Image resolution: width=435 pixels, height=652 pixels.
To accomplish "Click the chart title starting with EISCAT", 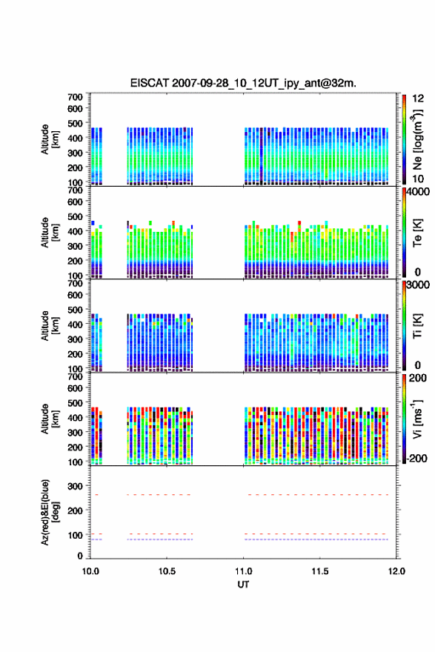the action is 243,83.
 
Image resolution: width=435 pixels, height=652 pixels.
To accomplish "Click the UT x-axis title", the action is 243,585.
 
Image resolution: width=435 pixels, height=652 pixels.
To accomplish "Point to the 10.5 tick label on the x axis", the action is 167,571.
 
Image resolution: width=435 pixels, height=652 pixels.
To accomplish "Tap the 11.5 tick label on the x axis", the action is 320,571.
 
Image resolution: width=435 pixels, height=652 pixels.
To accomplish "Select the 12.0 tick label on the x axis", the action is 396,571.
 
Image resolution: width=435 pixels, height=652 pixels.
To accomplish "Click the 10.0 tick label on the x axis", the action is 90,571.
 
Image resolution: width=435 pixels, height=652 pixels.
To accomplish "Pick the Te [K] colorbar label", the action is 417,233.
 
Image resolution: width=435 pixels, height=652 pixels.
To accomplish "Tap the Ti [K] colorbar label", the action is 417,326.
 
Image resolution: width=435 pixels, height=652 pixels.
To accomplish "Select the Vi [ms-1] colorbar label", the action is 417,419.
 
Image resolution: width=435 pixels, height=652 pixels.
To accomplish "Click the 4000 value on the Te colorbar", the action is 418,192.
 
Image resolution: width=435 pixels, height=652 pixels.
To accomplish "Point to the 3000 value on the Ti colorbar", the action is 418,285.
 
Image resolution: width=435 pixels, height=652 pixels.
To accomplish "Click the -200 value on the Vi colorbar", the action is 417,458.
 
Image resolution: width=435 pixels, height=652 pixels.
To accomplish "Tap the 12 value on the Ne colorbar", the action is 418,99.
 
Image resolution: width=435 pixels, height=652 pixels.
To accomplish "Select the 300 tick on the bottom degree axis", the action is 76,486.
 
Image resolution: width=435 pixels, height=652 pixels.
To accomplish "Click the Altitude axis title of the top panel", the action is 50,139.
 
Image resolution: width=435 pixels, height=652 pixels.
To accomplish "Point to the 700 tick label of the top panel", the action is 76,97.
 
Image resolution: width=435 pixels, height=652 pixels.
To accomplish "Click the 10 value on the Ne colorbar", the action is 418,179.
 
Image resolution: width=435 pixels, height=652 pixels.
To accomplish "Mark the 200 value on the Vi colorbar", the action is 417,378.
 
